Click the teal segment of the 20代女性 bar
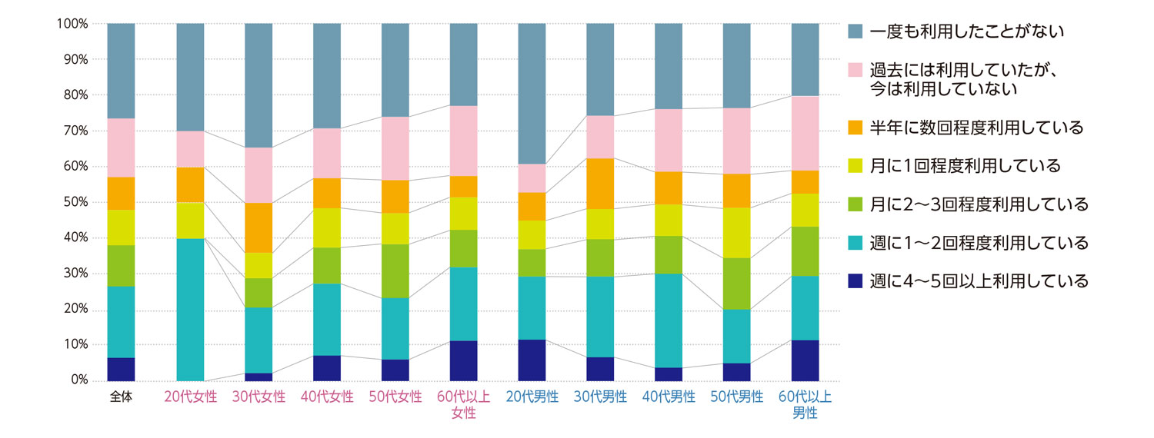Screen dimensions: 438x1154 point(190,309)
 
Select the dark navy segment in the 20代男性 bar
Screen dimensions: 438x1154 point(532,360)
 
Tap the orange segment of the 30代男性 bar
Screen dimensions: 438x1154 point(600,184)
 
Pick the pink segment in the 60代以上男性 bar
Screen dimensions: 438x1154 point(805,133)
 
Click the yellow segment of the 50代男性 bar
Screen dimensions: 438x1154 point(736,233)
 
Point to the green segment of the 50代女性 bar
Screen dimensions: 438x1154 point(395,270)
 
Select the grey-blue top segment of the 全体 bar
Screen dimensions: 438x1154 point(121,71)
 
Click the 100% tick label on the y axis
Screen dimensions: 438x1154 point(72,24)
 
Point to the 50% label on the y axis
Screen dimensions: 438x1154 point(75,202)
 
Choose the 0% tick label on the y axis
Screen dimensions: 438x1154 point(78,380)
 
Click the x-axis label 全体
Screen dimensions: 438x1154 point(121,397)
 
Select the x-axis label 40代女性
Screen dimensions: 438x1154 point(327,397)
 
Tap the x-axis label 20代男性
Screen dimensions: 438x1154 point(532,397)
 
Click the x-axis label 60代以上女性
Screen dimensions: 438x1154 point(463,405)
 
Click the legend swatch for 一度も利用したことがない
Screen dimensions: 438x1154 point(855,32)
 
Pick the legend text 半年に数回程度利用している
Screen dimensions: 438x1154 point(976,128)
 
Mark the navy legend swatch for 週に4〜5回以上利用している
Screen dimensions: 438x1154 point(855,281)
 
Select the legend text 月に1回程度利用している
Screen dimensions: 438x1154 point(966,166)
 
